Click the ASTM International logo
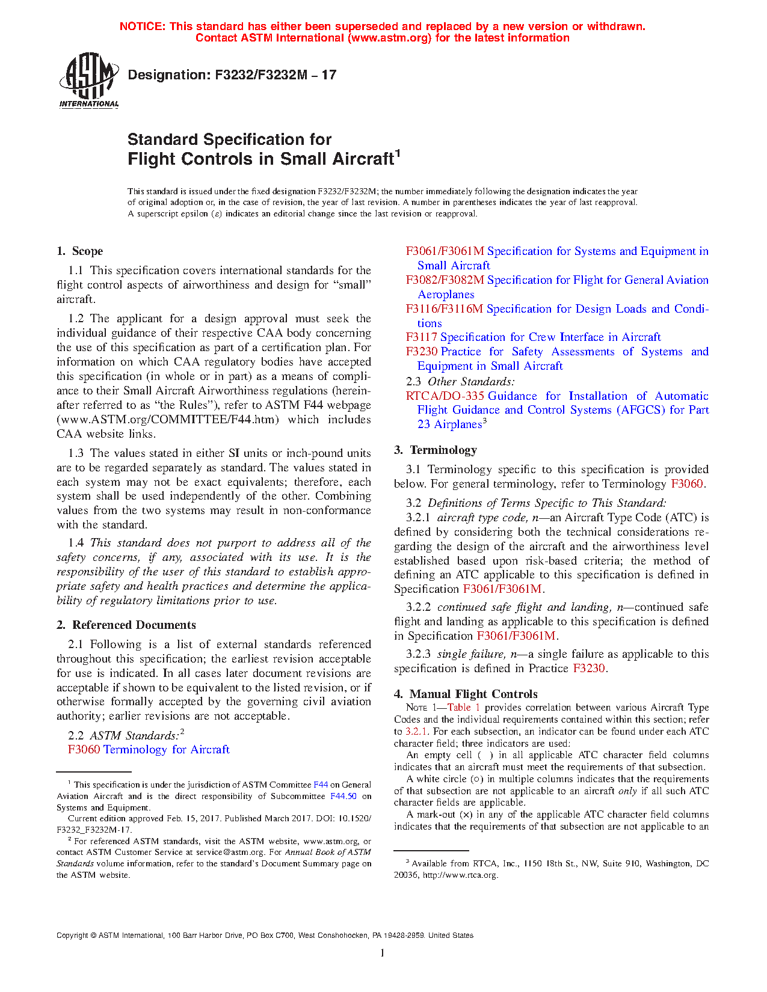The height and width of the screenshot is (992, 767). click(x=88, y=80)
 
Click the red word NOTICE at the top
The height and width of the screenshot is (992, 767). click(x=142, y=26)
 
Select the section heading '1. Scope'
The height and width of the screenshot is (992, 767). click(x=80, y=251)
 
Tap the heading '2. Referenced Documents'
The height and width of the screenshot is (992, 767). click(x=126, y=625)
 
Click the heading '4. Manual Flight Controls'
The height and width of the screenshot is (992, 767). click(x=466, y=694)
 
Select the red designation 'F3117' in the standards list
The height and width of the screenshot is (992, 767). click(x=421, y=337)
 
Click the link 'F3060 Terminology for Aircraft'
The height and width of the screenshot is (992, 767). click(x=149, y=750)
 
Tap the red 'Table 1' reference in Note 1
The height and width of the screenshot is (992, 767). click(x=463, y=708)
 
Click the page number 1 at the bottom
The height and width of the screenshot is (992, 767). click(x=382, y=953)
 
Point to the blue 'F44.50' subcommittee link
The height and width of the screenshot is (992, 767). click(x=343, y=796)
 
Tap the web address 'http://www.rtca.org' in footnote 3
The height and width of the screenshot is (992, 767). click(x=460, y=875)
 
